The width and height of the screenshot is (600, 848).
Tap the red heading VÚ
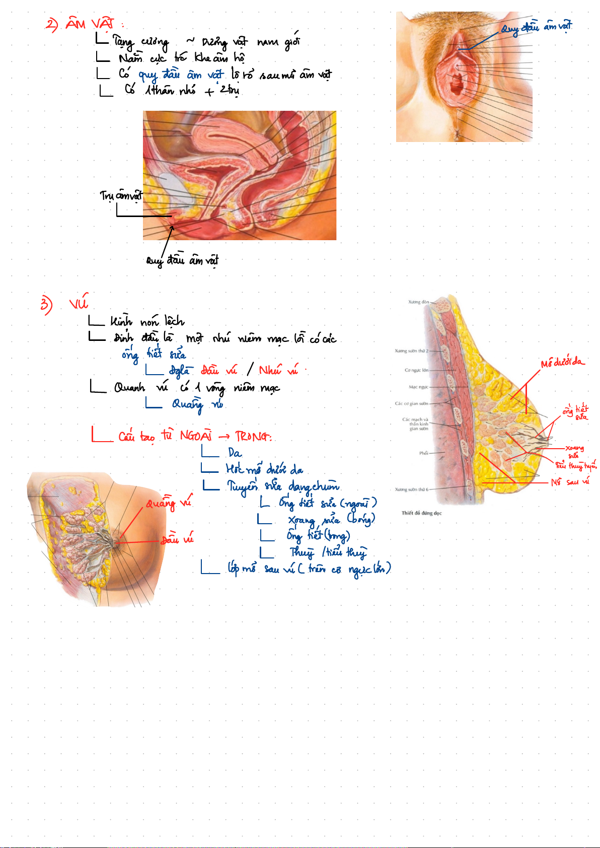79,304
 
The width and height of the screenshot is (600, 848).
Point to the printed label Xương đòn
418,302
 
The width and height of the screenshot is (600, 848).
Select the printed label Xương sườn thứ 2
411,351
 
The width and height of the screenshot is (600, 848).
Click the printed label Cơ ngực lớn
416,370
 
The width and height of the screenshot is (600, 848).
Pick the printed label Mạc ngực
418,387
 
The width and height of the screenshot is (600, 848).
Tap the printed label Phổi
423,453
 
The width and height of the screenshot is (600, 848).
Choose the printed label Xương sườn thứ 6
411,489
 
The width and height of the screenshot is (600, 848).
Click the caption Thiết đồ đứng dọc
421,513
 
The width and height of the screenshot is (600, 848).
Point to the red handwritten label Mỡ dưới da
562,363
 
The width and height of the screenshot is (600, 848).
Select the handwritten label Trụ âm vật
121,195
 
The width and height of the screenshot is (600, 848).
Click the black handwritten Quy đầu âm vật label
182,260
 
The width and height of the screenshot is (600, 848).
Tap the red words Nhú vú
278,371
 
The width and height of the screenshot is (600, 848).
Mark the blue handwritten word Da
235,453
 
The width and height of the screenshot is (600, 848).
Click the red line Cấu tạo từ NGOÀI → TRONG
195,436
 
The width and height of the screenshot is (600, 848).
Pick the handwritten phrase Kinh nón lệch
147,321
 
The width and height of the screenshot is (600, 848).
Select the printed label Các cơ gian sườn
411,403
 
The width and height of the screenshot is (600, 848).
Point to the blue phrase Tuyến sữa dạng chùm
283,486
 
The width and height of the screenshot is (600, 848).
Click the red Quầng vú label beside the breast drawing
169,503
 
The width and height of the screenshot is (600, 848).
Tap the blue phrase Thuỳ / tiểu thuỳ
328,552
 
